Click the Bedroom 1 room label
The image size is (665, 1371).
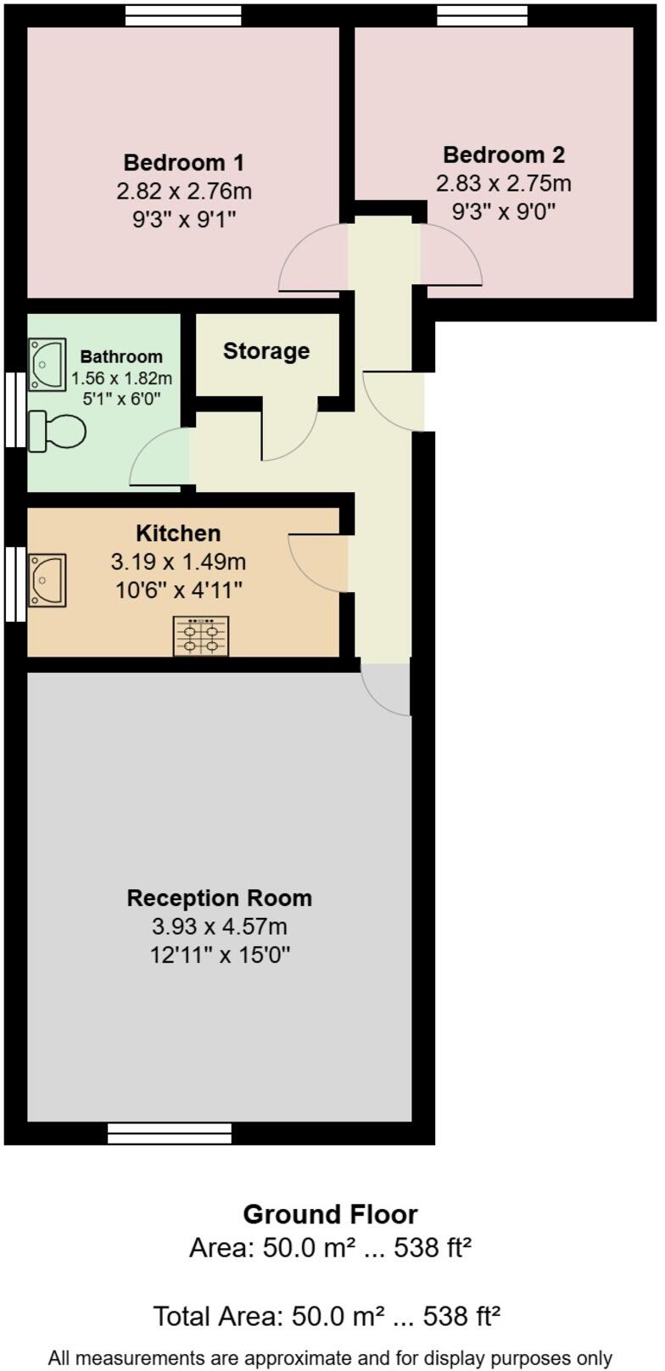click(x=184, y=162)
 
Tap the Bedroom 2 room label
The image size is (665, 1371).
click(x=504, y=154)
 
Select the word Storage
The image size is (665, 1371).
click(x=266, y=351)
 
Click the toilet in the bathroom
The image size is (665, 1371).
click(x=57, y=432)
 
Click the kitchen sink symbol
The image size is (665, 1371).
click(x=47, y=580)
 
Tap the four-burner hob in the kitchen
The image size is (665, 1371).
click(x=201, y=636)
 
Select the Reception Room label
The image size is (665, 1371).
click(x=220, y=898)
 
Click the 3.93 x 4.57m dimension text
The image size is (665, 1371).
click(x=220, y=926)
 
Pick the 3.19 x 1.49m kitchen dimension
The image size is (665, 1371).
click(x=178, y=562)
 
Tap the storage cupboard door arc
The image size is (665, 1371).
click(x=289, y=429)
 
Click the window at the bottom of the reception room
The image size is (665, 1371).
click(x=170, y=1133)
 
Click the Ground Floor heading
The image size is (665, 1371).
click(x=331, y=1215)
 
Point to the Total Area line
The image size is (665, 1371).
click(x=327, y=1316)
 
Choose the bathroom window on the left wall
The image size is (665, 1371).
click(x=15, y=410)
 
